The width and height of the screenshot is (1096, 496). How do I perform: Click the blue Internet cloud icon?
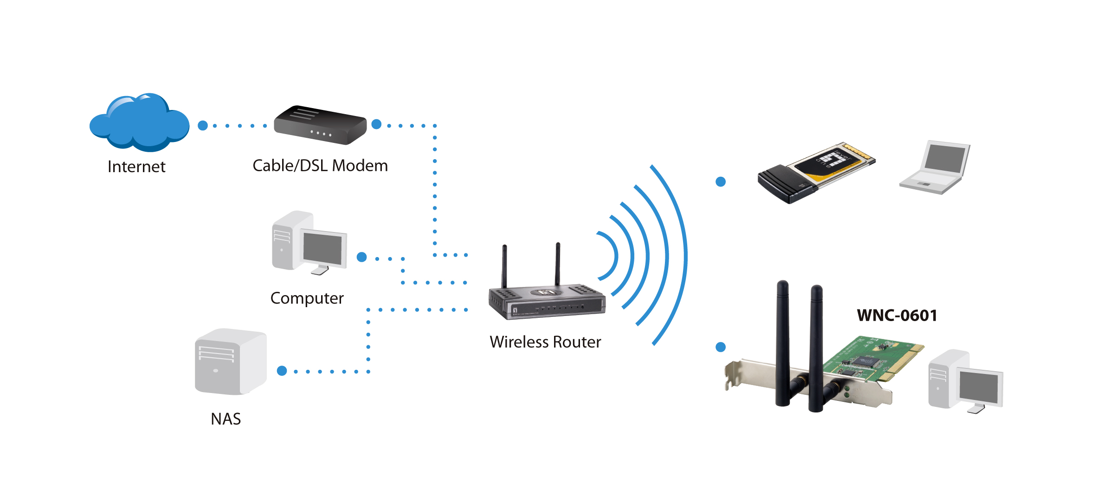139,123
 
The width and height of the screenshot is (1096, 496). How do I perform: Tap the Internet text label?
136,167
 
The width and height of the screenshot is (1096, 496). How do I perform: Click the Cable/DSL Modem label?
320,166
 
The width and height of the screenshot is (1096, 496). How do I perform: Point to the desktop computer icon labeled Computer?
309,243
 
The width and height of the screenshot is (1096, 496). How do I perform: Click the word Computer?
307,298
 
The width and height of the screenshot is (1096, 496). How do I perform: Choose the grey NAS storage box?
231,362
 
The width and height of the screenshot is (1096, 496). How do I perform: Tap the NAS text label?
226,419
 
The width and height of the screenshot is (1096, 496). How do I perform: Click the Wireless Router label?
545,342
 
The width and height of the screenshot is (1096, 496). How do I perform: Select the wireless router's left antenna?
504,267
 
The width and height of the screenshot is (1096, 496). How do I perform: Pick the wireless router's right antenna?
558,264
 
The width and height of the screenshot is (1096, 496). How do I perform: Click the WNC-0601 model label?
897,316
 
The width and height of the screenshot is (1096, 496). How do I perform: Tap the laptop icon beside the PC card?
935,167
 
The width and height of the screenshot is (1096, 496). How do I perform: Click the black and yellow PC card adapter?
816,172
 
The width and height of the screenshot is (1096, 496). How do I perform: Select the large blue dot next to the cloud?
203,126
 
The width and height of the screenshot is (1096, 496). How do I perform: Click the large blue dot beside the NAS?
282,371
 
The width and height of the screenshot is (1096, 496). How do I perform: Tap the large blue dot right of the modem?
376,124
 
